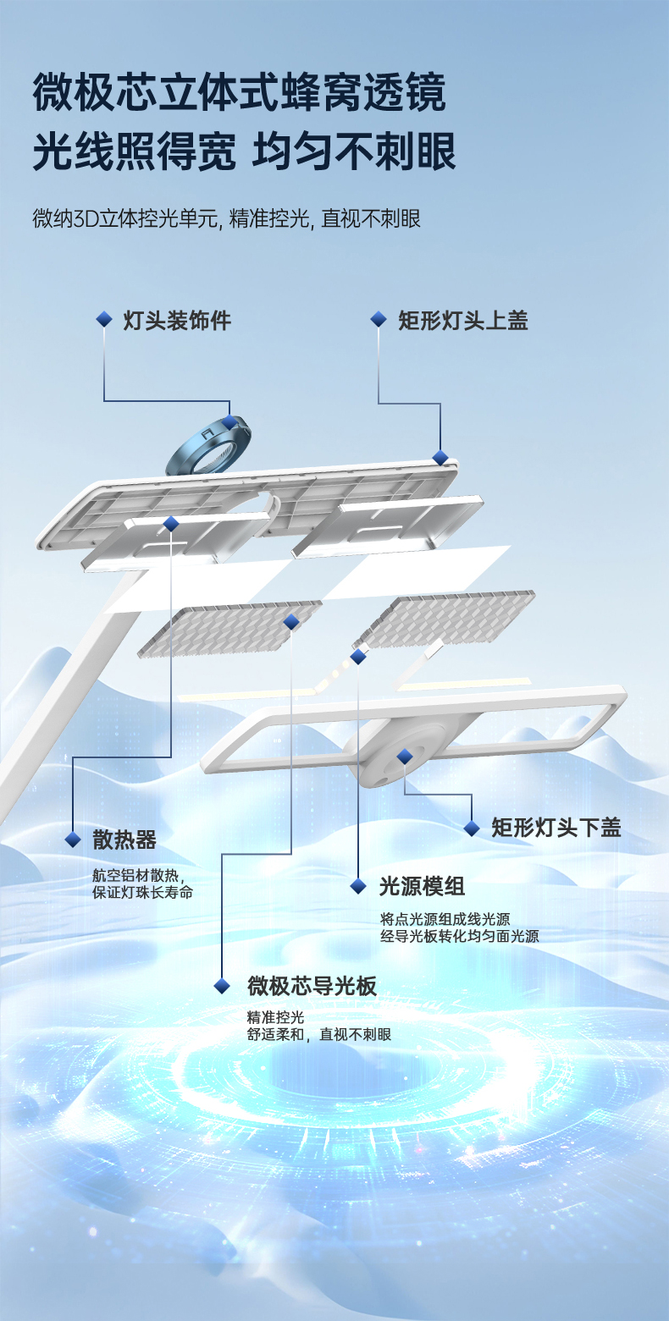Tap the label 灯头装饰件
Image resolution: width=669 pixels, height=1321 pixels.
coord(177,321)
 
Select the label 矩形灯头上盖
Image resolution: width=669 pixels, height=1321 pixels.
coord(463,321)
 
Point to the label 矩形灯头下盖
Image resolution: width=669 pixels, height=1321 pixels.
coord(556,828)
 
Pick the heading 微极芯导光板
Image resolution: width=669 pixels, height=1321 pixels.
coord(312,986)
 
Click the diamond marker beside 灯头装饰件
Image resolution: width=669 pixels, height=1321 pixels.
coord(104,320)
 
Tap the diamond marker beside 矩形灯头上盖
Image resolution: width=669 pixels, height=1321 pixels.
coord(379,320)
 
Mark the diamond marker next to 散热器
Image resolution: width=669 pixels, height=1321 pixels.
coord(74,840)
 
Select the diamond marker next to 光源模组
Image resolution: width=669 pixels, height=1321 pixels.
coord(358,886)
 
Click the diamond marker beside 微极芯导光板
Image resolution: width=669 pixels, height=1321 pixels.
coord(222,986)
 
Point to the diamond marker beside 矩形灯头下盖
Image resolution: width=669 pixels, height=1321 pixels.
coord(472,828)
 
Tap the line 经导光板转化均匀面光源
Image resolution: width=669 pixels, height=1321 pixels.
coord(460,936)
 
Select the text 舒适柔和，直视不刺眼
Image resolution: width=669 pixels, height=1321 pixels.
coord(319,1035)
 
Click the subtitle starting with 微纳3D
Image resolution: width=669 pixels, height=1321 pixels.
coord(226,219)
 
